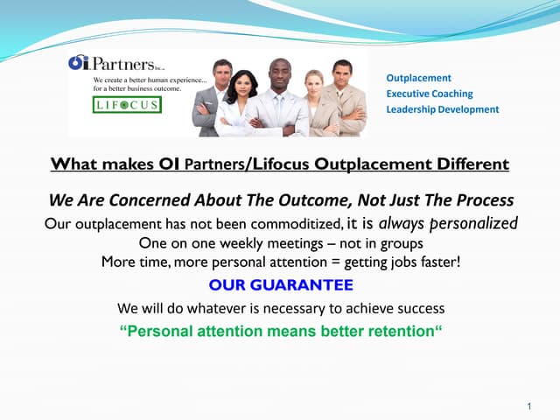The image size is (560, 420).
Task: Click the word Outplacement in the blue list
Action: click(x=418, y=78)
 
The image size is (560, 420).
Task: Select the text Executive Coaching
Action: click(x=429, y=94)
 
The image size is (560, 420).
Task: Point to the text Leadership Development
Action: click(x=442, y=109)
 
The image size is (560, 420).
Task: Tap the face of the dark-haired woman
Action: click(x=246, y=85)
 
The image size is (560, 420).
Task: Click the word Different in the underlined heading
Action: click(x=472, y=164)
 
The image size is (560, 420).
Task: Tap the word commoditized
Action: click(x=290, y=224)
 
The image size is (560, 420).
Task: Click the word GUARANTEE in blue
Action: click(x=311, y=285)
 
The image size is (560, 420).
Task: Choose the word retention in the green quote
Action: click(x=397, y=332)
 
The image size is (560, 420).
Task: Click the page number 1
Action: click(x=530, y=406)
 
